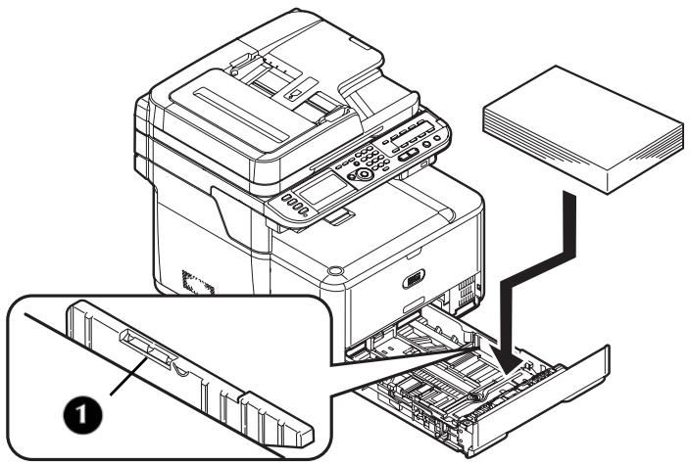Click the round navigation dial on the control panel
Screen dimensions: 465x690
tap(364, 173)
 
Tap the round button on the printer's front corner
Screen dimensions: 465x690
tap(336, 267)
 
